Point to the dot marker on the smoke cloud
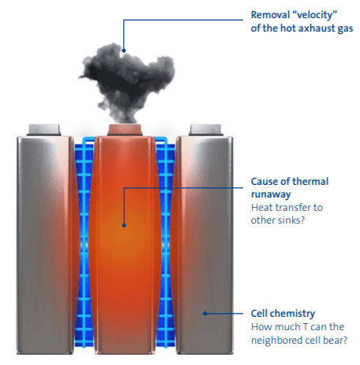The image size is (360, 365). [x=124, y=51]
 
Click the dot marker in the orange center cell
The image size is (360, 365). [x=124, y=225]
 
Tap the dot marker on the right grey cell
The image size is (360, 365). [x=205, y=314]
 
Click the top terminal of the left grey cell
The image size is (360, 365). [x=44, y=130]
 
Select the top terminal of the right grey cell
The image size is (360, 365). [x=205, y=130]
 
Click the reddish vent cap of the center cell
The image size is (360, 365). [x=125, y=130]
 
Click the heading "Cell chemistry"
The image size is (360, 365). [x=283, y=314]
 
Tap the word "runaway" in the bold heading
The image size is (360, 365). [x=271, y=195]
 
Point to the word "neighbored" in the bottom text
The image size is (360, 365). [x=276, y=341]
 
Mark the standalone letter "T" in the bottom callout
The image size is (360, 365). [x=306, y=327]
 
